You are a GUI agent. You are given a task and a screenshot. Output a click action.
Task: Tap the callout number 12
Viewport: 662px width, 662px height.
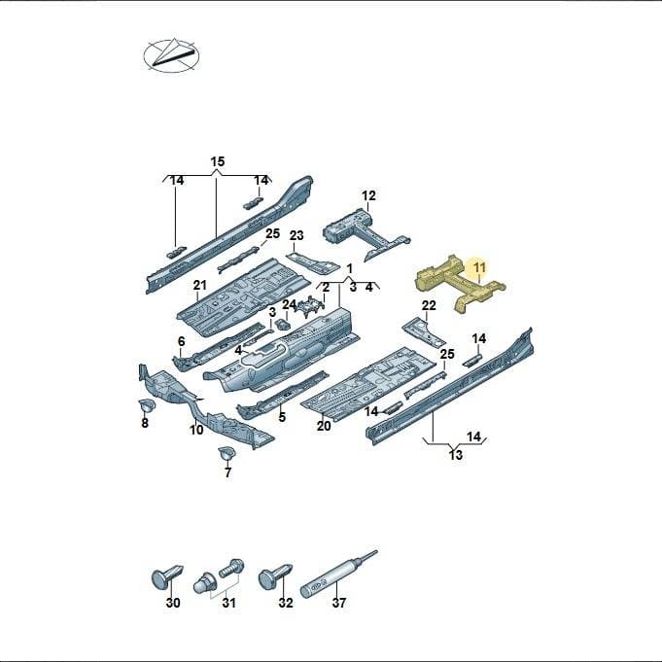tap(368, 195)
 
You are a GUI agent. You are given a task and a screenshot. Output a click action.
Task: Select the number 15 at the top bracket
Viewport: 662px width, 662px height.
tap(218, 161)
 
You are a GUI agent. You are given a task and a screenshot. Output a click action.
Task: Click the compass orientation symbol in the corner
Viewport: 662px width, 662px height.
tap(171, 55)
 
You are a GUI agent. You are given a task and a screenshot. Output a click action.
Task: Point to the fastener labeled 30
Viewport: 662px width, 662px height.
tap(167, 576)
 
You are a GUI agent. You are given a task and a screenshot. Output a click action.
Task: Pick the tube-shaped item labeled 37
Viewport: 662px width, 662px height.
tap(337, 574)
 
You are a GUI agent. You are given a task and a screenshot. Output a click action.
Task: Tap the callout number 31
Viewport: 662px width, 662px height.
tap(228, 603)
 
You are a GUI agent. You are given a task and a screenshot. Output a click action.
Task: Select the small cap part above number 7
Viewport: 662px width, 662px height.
tap(226, 454)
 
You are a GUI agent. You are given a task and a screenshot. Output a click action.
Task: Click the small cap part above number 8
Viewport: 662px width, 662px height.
tap(147, 405)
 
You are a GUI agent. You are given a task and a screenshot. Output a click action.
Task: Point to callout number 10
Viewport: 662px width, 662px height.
tap(196, 430)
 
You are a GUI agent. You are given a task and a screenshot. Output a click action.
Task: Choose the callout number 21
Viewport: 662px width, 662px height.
tap(199, 286)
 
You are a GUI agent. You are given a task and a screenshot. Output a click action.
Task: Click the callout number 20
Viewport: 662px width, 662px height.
tap(324, 426)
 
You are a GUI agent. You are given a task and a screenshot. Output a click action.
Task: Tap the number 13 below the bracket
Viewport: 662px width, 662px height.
tap(456, 455)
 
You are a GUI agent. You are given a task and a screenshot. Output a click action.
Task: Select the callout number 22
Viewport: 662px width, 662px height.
tap(429, 305)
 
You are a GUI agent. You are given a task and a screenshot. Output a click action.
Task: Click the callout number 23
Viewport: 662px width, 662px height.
tap(296, 235)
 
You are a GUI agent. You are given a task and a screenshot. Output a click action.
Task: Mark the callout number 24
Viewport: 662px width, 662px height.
tap(290, 304)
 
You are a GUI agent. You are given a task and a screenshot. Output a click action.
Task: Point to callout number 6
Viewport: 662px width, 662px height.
tap(182, 341)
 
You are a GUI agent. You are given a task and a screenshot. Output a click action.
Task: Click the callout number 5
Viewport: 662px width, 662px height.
tap(282, 417)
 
